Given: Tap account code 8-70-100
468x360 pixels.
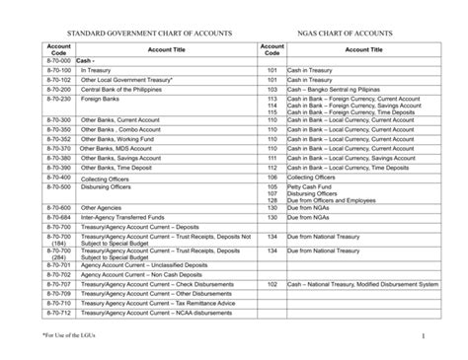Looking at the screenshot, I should pyautogui.click(x=58, y=71).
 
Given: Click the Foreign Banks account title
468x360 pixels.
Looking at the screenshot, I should pyautogui.click(x=102, y=100).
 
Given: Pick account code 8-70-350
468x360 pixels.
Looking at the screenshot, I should pyautogui.click(x=58, y=129).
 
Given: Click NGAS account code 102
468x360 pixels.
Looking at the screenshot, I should pyautogui.click(x=272, y=284).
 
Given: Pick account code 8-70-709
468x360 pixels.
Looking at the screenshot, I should pyautogui.click(x=58, y=294).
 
